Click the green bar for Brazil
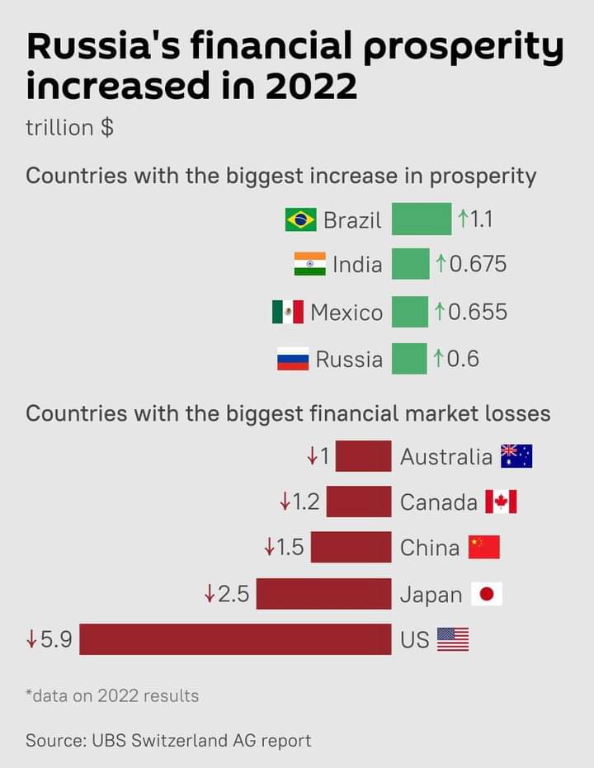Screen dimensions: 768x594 [422, 219]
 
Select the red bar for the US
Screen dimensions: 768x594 [235, 639]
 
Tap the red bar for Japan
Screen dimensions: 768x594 [323, 594]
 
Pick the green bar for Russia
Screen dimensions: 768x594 [409, 359]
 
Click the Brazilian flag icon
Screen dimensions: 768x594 [301, 219]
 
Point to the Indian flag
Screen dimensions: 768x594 [309, 265]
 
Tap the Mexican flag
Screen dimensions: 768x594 [288, 312]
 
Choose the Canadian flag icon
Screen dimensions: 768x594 [501, 502]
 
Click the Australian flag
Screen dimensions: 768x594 [516, 456]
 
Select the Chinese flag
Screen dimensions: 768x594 [484, 547]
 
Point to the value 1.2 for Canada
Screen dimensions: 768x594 [306, 502]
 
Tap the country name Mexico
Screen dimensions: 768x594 [346, 313]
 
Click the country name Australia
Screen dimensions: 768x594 [445, 456]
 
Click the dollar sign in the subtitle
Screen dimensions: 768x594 [107, 129]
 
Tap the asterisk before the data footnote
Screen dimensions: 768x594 [29, 693]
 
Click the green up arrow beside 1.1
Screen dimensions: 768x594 [463, 219]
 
